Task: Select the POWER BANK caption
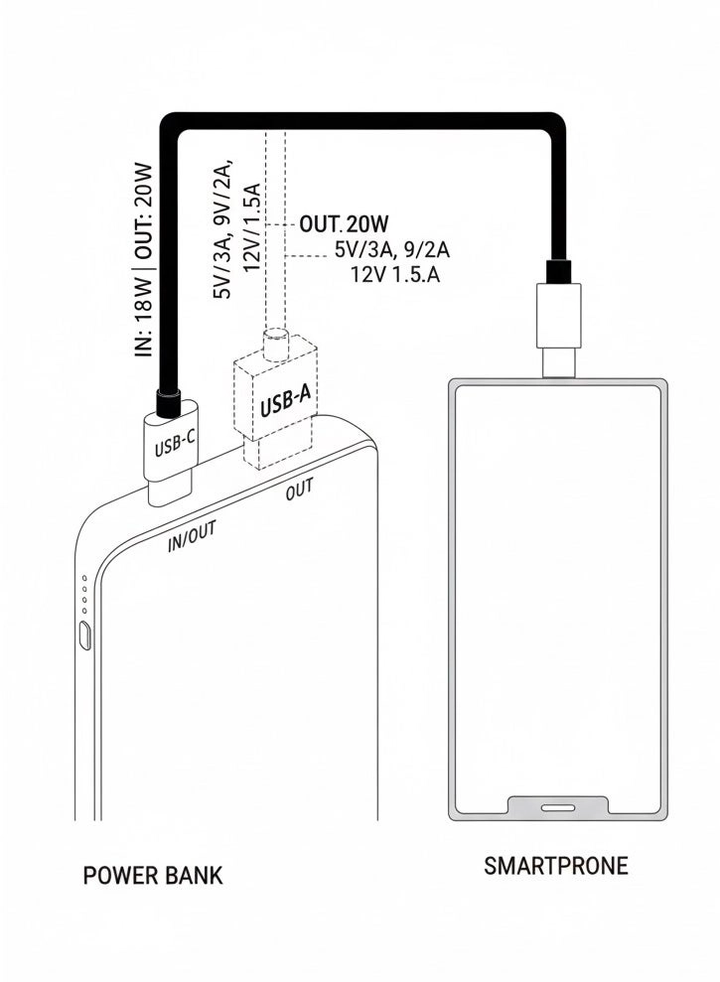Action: (x=153, y=875)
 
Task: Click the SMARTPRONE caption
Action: (x=556, y=866)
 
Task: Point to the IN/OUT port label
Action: (x=192, y=536)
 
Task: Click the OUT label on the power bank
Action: (x=299, y=491)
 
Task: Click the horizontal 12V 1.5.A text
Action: (x=394, y=274)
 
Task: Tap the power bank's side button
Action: (x=85, y=635)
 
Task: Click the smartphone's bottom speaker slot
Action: (x=557, y=807)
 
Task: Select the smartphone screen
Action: (x=557, y=596)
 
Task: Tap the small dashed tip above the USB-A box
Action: (x=274, y=345)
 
